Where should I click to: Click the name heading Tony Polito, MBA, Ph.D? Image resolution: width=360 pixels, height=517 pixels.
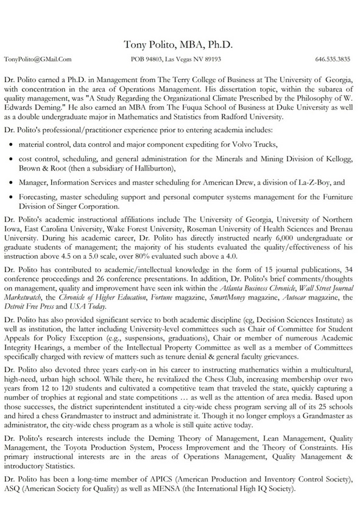coord(179,44)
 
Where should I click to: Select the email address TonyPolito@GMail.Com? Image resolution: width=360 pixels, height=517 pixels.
coord(38,60)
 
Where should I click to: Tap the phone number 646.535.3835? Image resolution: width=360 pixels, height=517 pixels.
coord(333,60)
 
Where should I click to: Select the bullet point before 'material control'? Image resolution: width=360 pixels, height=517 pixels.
coord(13,146)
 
